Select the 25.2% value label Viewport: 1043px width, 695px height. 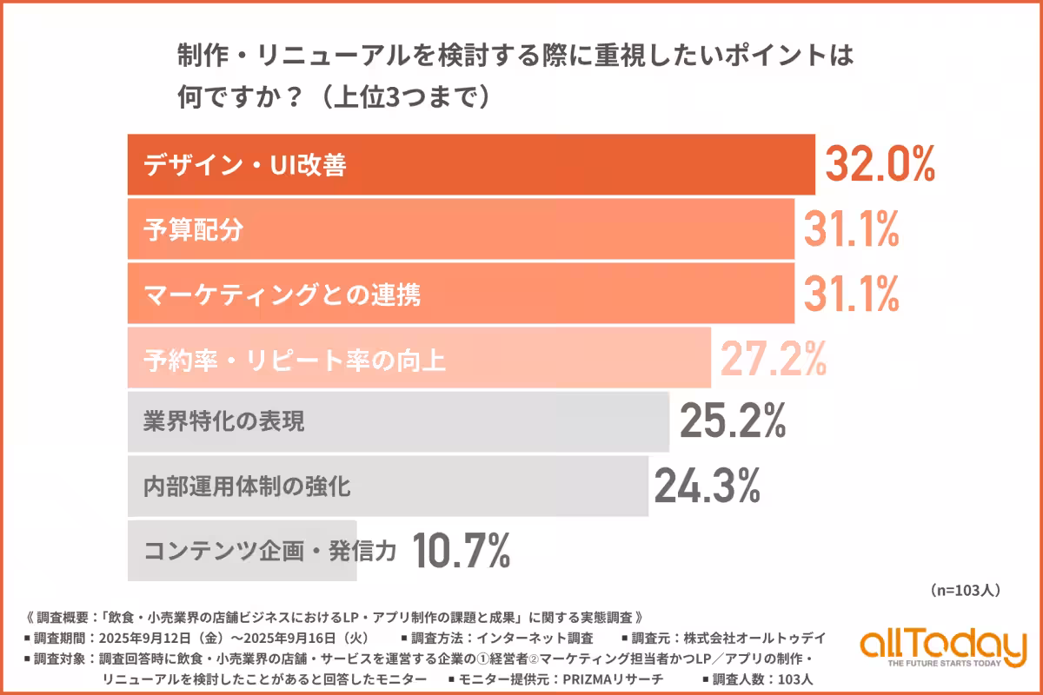click(733, 421)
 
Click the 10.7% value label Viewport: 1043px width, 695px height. click(460, 549)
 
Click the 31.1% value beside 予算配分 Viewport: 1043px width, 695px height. click(850, 229)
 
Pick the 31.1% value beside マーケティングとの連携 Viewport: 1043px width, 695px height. click(850, 294)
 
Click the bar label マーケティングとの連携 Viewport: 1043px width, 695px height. click(282, 295)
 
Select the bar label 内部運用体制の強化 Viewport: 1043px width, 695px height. click(247, 486)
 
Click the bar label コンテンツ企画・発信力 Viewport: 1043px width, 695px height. click(269, 549)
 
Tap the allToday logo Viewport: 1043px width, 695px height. click(942, 648)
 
